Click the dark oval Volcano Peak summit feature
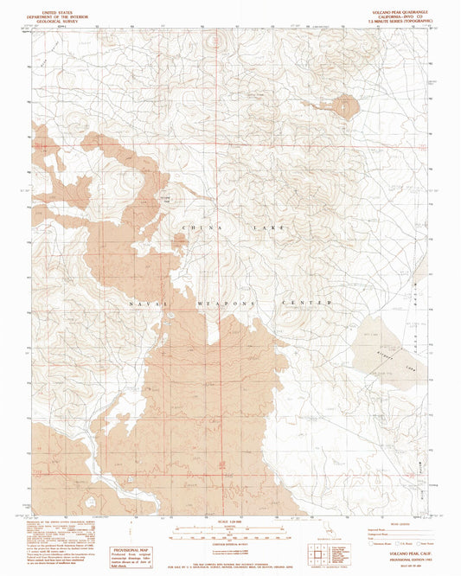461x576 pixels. pos(343,108)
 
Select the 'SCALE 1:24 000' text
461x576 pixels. pos(229,520)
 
